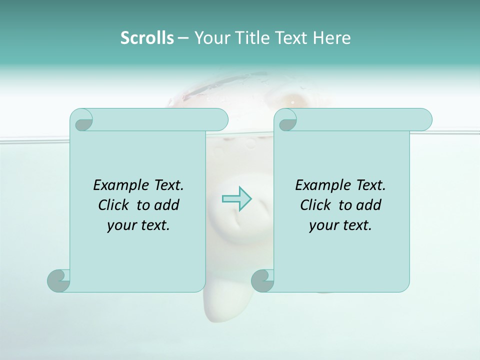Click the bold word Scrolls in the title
point(147,38)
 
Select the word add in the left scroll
point(166,205)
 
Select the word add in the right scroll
point(368,205)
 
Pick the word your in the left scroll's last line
point(121,225)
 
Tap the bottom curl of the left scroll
point(58,280)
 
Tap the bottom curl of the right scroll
point(262,280)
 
